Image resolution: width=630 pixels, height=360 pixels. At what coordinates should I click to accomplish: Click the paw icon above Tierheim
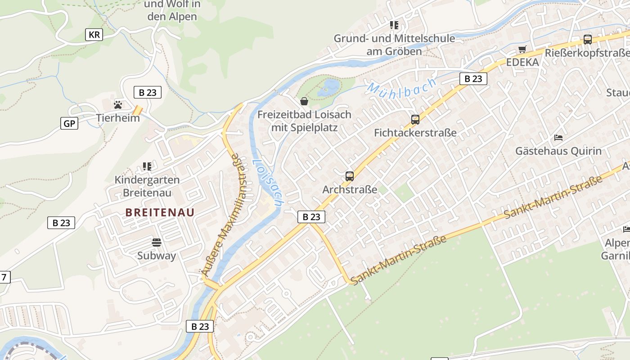coord(118,105)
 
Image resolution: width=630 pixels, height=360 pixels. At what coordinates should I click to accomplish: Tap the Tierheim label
coord(118,118)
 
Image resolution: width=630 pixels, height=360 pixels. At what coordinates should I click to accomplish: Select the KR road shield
coord(94,35)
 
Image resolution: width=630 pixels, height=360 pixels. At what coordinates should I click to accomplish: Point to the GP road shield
coord(69,123)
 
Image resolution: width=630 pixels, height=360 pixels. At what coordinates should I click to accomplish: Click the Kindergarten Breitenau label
coord(147,186)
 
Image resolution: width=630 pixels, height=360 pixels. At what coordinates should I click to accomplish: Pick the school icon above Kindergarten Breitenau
coord(147,166)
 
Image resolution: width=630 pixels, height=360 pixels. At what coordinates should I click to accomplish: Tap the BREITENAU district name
coord(160,212)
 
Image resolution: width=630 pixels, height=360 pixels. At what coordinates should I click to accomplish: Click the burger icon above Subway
coord(157,243)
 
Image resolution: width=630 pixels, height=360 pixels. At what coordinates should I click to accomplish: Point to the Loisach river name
coord(267,183)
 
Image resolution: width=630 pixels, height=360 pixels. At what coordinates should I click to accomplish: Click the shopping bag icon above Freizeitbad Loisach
coord(304,101)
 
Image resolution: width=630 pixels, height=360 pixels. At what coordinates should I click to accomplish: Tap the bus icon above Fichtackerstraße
coord(415,120)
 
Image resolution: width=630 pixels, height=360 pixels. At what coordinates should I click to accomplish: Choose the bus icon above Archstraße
coord(350,176)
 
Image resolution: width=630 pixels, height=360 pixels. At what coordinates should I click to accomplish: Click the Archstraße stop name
coord(350,189)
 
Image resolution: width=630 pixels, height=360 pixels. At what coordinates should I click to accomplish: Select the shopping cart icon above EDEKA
coord(522,49)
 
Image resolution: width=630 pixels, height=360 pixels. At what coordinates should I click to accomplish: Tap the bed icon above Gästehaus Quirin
coord(558,137)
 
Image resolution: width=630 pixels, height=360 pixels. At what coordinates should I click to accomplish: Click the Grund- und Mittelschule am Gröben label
coord(394,45)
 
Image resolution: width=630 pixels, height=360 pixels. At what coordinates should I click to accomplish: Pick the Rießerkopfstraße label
coord(587,53)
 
